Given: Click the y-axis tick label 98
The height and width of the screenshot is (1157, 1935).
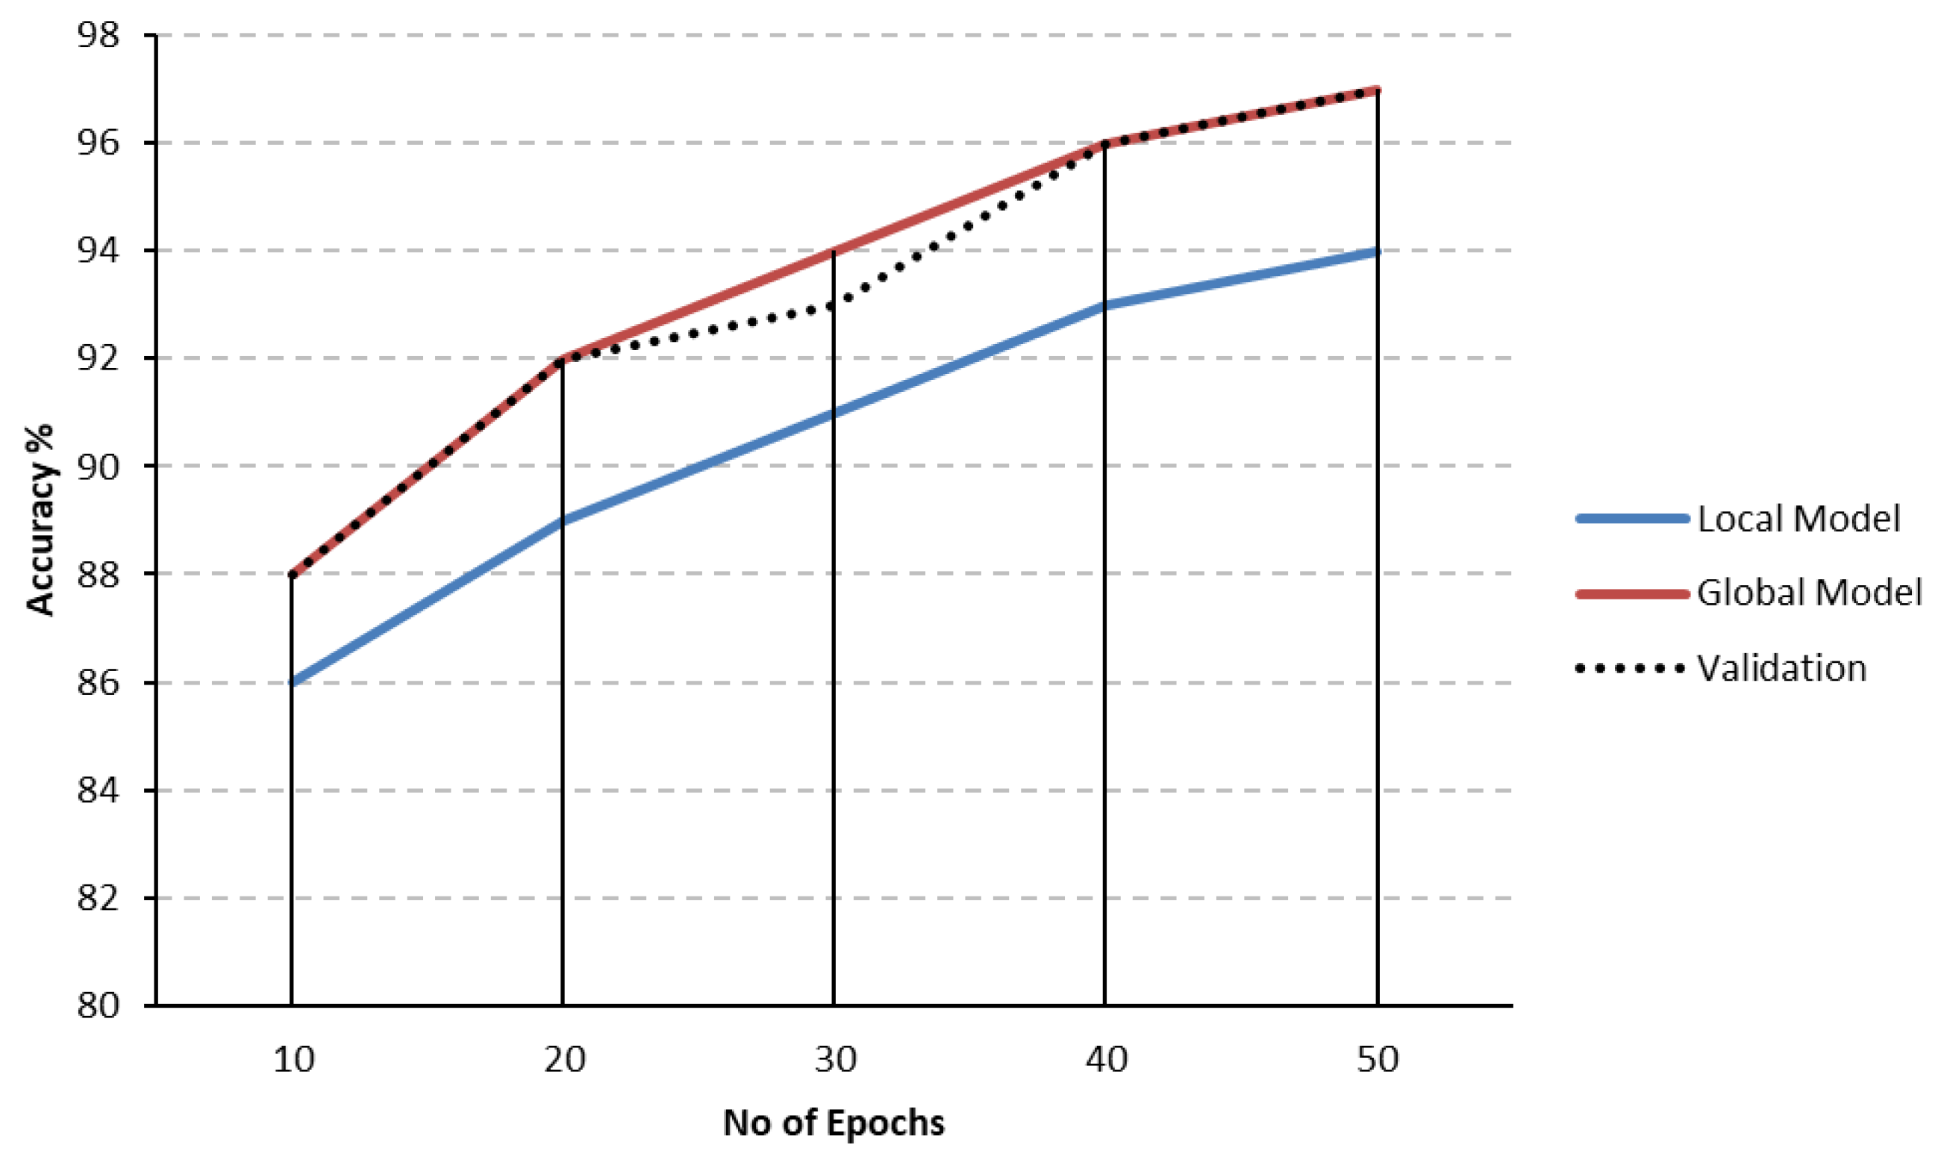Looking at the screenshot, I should [x=99, y=35].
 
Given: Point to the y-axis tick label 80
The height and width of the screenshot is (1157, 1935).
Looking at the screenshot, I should [x=99, y=1005].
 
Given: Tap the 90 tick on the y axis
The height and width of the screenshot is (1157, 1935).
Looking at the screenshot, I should [x=99, y=467].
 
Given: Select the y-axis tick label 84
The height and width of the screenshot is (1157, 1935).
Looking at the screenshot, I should [x=99, y=790].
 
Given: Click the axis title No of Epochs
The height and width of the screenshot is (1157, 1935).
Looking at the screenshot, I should [x=833, y=1123].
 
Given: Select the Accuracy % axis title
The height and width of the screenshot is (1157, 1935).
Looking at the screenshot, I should [x=40, y=520].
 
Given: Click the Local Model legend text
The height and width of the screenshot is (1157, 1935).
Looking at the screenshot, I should [x=1798, y=520].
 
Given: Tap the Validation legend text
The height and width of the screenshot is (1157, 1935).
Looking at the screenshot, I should [x=1781, y=669].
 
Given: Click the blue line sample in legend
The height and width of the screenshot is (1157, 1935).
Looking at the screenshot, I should [x=1631, y=520].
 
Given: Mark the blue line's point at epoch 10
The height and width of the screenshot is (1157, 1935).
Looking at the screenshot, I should [x=293, y=682].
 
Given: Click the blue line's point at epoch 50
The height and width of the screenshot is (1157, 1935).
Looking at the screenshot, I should [x=1377, y=251].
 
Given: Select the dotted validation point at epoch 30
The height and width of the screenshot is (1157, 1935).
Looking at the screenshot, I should [x=834, y=305].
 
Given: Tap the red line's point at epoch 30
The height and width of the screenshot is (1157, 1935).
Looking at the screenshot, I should [x=834, y=251].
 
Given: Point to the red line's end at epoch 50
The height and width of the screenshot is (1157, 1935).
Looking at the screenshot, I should [x=1377, y=90].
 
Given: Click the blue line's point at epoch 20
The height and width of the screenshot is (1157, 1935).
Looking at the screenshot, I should [x=563, y=521].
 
